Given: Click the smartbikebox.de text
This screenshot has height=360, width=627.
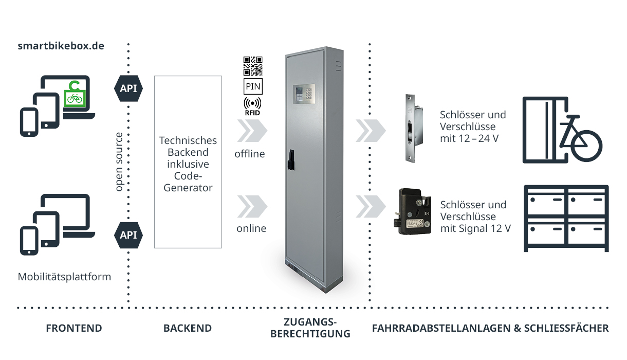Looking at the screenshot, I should click(61, 46).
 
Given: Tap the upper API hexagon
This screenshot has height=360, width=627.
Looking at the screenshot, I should click(128, 88).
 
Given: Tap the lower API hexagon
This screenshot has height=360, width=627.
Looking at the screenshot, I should click(128, 235).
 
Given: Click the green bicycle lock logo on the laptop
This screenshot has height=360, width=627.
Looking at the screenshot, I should click(75, 94).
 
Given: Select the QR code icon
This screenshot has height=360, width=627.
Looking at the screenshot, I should click(252, 66).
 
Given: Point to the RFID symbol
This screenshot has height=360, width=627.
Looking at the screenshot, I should click(252, 104).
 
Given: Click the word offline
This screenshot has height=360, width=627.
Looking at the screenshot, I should click(250, 154).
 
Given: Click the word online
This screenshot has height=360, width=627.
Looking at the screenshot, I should click(251, 228).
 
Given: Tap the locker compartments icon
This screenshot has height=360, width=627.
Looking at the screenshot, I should click(566, 218).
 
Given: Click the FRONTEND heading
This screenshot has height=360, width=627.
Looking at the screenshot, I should click(74, 328).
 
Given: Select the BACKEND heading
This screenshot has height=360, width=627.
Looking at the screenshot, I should click(187, 328).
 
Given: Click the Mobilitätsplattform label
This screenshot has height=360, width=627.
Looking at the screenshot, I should click(64, 277).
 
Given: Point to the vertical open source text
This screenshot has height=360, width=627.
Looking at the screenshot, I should click(119, 162).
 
